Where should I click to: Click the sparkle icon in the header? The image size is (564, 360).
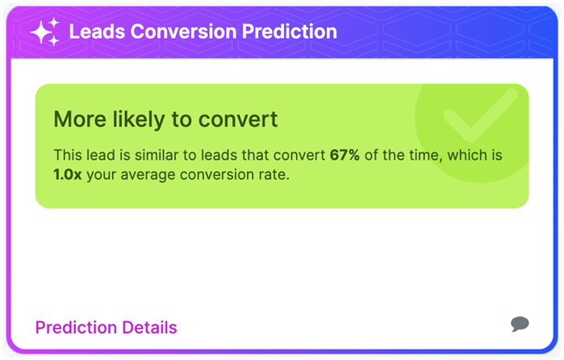click(44, 31)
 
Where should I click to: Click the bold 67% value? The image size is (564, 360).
click(345, 154)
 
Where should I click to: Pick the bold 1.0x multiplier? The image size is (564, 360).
click(68, 174)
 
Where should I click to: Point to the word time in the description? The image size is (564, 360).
click(430, 154)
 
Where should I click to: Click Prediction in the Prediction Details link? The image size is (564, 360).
click(76, 327)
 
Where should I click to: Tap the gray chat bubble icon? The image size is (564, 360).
click(520, 324)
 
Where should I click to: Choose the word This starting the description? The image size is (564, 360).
click(67, 154)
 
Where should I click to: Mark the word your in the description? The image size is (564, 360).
click(104, 174)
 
